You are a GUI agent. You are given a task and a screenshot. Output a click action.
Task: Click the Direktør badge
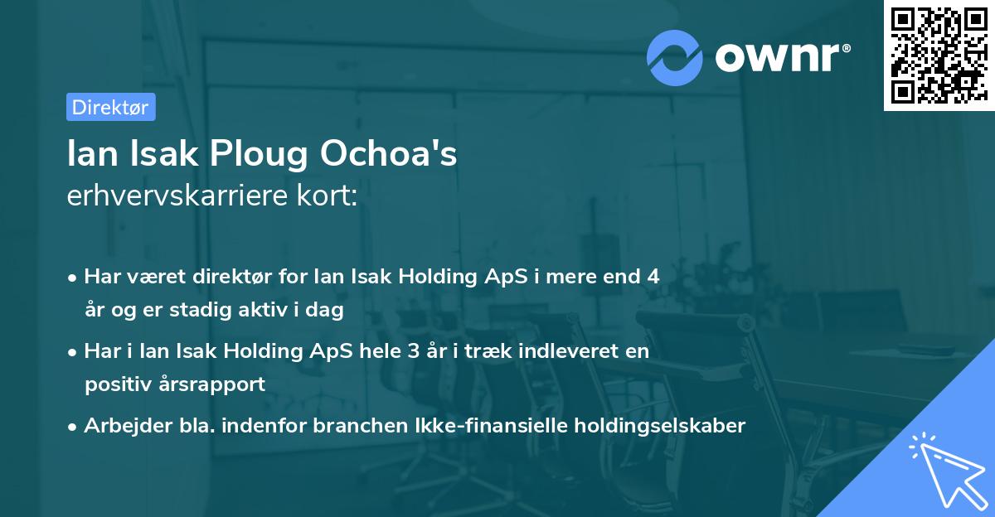click(x=110, y=107)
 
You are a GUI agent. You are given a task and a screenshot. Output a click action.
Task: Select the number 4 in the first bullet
click(x=653, y=277)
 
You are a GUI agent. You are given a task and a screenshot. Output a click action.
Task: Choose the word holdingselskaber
click(x=660, y=426)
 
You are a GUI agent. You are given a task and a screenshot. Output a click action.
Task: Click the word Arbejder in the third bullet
click(x=119, y=426)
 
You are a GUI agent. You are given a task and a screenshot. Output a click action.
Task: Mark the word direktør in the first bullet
click(x=226, y=277)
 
